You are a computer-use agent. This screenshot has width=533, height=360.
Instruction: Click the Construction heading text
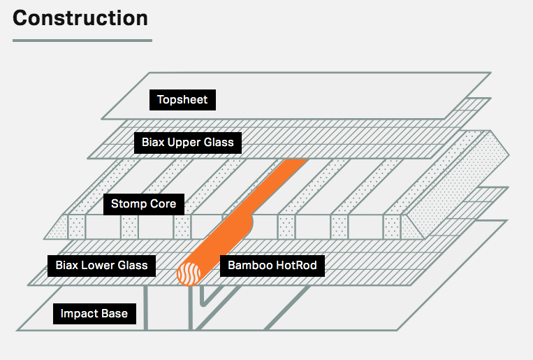(80, 18)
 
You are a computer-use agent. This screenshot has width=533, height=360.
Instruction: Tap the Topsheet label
(182, 100)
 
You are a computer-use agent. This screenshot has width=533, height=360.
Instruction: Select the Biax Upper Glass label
(188, 143)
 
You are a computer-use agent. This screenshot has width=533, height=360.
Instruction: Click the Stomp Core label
(144, 204)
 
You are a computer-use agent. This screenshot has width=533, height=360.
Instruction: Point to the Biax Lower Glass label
(101, 265)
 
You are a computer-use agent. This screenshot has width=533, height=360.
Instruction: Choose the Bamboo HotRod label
(272, 265)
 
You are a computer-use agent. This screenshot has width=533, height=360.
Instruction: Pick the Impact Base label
(94, 313)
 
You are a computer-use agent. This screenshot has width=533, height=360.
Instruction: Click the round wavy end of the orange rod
(190, 273)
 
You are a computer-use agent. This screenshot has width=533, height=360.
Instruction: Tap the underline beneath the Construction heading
(82, 40)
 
